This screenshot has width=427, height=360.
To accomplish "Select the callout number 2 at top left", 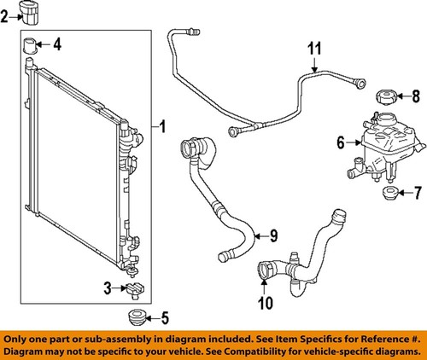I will (x=8, y=15).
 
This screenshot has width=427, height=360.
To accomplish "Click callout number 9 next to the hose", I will (x=273, y=235).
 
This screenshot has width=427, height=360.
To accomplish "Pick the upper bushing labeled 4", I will (x=31, y=44).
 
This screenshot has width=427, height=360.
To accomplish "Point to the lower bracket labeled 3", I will (x=134, y=290).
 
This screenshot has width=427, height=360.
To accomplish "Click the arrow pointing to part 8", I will (x=402, y=96).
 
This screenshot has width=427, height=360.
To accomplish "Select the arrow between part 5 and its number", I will (x=149, y=320).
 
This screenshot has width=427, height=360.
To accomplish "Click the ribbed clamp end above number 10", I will (x=264, y=272).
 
